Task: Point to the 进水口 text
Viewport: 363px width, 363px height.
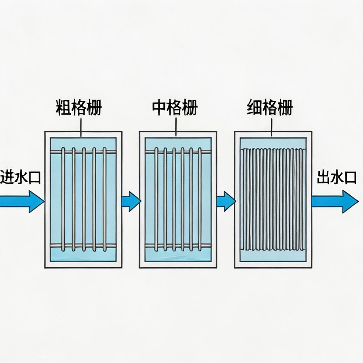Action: point(20,177)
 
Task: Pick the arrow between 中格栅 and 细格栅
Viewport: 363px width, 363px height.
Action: point(226,201)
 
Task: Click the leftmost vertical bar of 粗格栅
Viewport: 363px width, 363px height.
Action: point(63,199)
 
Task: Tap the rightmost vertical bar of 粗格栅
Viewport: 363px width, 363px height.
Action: point(105,199)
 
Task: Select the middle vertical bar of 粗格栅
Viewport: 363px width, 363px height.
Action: point(84,199)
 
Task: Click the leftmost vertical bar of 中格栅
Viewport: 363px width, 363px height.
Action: point(156,199)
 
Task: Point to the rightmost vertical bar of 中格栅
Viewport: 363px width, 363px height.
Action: point(200,199)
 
